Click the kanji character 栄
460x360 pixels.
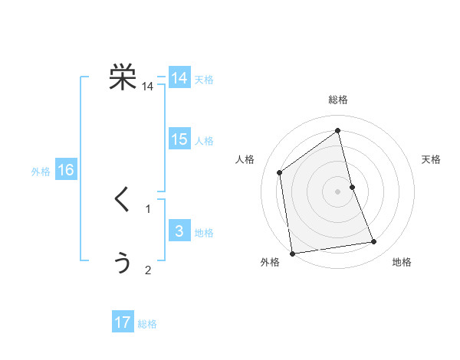(x=123, y=78)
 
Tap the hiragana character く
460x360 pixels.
(x=123, y=201)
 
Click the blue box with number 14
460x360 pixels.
(x=179, y=78)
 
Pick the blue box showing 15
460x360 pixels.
(x=179, y=139)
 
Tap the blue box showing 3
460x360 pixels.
(x=179, y=231)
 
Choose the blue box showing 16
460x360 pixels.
(x=66, y=170)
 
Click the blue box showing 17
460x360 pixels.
(x=123, y=322)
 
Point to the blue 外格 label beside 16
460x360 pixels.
(x=41, y=172)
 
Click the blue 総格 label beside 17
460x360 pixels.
(x=147, y=324)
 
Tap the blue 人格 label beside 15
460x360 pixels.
(x=204, y=141)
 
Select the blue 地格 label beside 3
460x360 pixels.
(x=204, y=233)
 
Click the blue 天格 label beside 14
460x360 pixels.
(x=204, y=80)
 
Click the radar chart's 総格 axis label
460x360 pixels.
(x=338, y=100)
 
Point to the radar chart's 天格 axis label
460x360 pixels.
(x=432, y=159)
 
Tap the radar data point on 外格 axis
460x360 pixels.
(x=292, y=254)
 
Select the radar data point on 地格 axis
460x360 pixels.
(x=374, y=242)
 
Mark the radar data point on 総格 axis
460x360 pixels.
(x=338, y=131)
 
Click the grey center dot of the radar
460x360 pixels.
(x=338, y=191)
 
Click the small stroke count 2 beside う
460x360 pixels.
(x=148, y=270)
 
